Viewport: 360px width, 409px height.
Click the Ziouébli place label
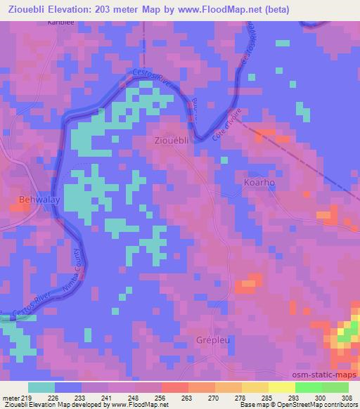171,141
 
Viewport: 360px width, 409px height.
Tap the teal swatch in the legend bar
41,387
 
